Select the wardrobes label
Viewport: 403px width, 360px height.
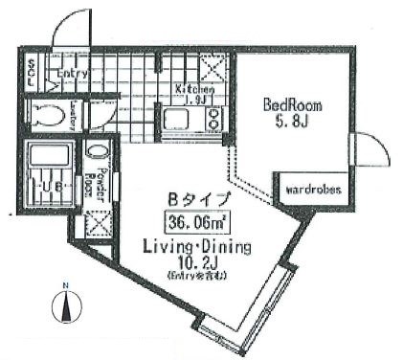pyautogui.click(x=312, y=190)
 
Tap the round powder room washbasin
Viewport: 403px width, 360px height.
pyautogui.click(x=97, y=152)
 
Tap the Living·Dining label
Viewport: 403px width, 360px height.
pyautogui.click(x=196, y=246)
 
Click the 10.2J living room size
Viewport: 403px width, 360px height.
pyautogui.click(x=196, y=262)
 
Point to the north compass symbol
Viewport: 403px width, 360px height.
pyautogui.click(x=64, y=306)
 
